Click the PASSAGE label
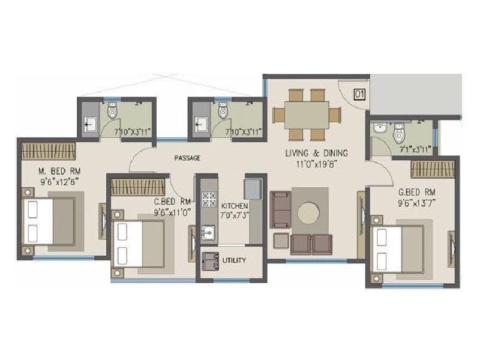(187, 158)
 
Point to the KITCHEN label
(235, 206)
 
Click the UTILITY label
(233, 261)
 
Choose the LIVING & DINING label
(316, 153)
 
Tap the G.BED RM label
(416, 192)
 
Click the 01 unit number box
(359, 94)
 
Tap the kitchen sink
(208, 231)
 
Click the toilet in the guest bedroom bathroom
(399, 134)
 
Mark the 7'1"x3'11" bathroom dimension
(416, 151)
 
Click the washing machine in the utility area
(209, 261)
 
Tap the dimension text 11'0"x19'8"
(316, 163)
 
